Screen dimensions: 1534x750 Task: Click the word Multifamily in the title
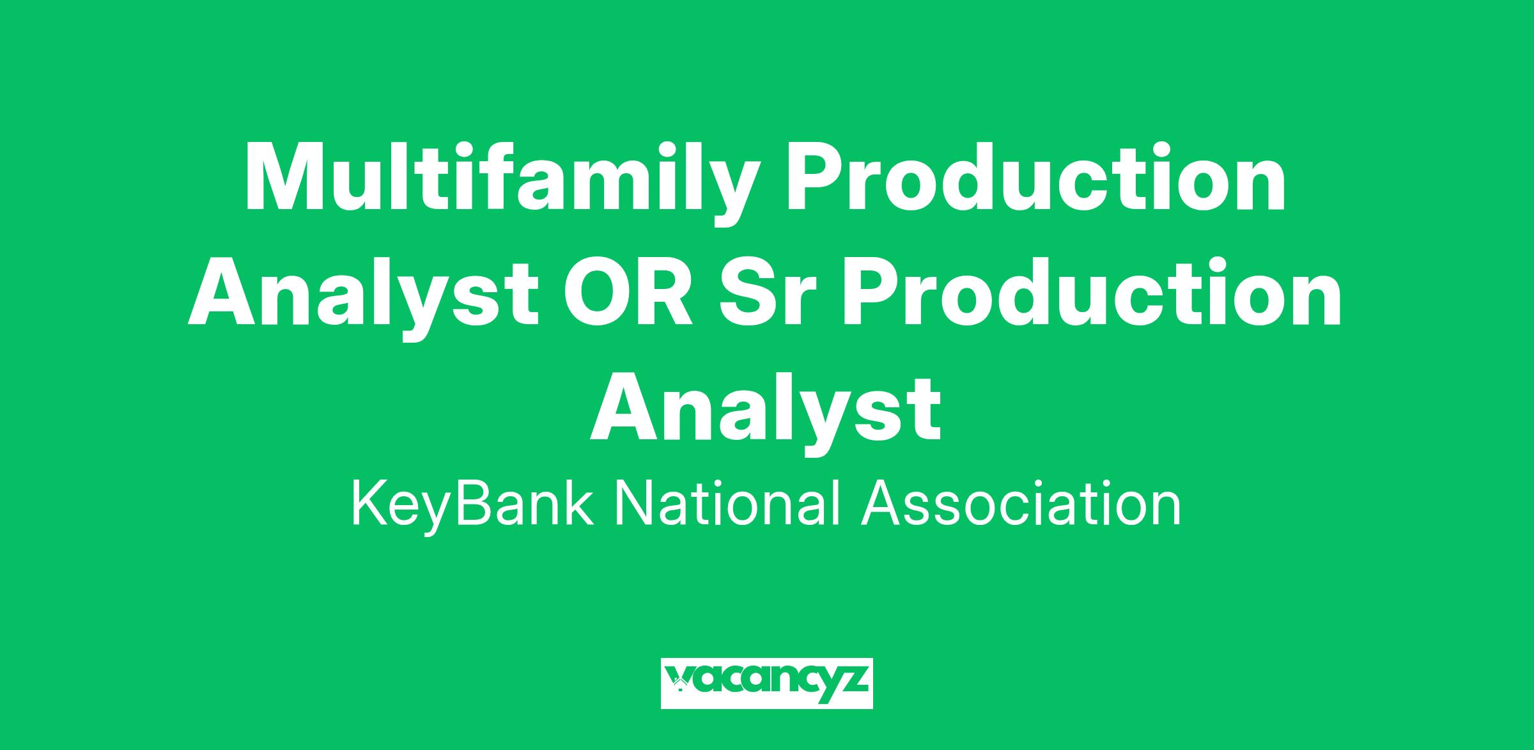pyautogui.click(x=499, y=182)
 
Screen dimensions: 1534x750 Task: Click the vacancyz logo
pyautogui.click(x=766, y=684)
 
